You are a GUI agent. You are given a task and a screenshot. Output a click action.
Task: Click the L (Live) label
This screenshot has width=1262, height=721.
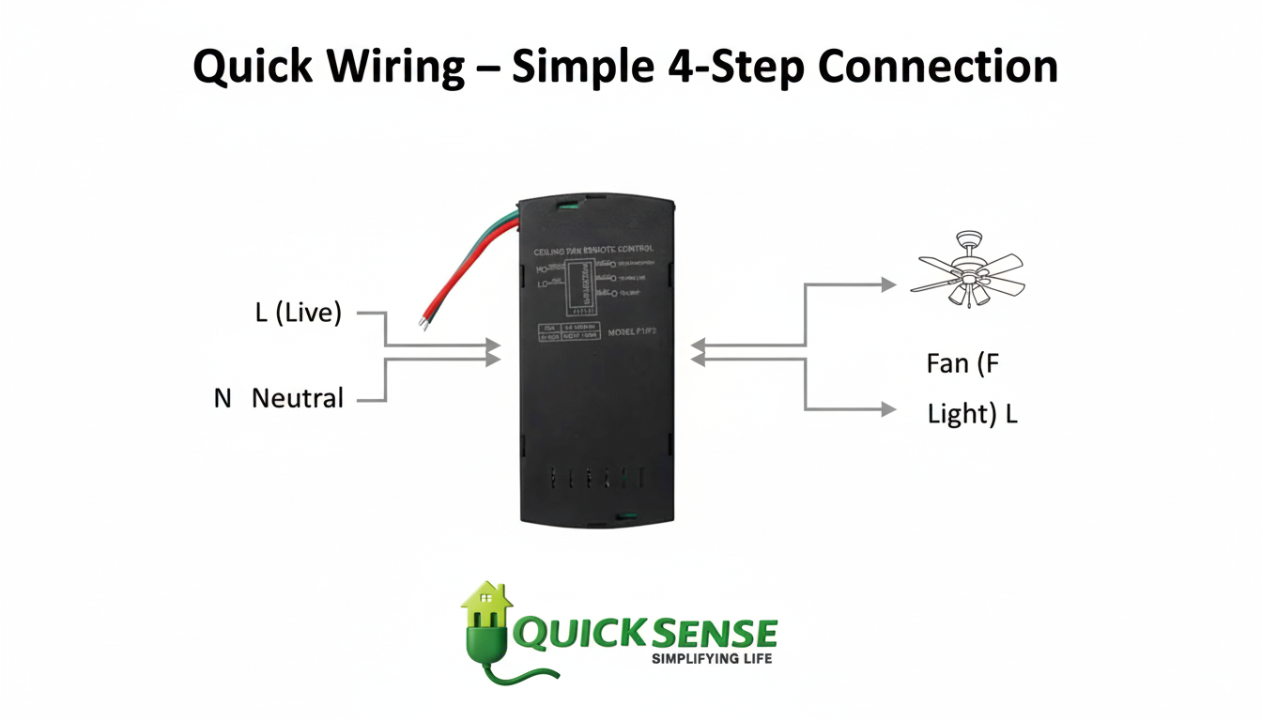(x=299, y=314)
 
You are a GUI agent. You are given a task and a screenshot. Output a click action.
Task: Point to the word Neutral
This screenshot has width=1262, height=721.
(x=298, y=398)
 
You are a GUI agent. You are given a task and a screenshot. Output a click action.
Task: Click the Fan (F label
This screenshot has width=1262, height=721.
(x=962, y=363)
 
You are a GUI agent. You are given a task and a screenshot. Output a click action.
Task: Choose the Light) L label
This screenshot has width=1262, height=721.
(x=972, y=414)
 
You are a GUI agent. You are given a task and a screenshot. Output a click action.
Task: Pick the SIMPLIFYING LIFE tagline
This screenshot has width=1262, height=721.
(x=711, y=659)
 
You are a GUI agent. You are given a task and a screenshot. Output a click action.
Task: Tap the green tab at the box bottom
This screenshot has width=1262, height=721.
(x=623, y=515)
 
